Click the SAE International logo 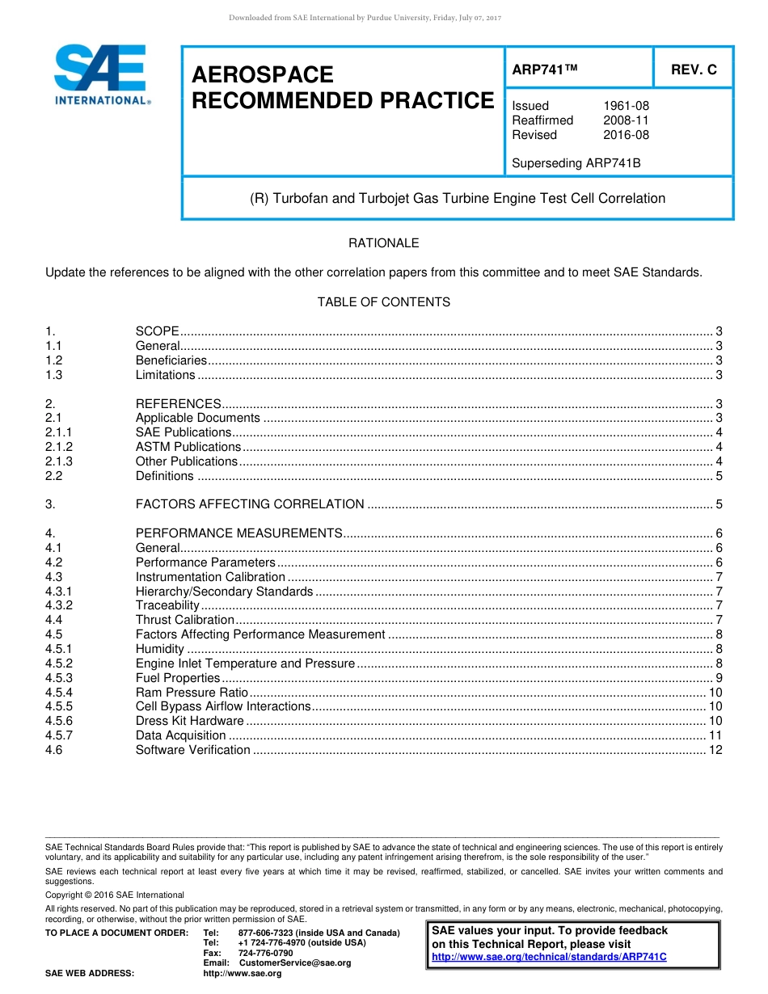(x=101, y=74)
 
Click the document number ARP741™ (x=545, y=69)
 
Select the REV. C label (x=694, y=69)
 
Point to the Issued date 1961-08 (x=626, y=106)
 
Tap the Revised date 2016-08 (x=626, y=135)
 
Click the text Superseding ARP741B (x=576, y=163)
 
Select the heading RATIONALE (x=383, y=243)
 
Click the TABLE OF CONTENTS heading (x=383, y=302)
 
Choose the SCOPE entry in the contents (x=158, y=331)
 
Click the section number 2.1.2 (x=59, y=447)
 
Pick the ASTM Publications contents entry (x=188, y=447)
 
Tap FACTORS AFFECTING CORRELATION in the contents (x=250, y=504)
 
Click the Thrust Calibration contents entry (x=184, y=620)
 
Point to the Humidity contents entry (x=160, y=649)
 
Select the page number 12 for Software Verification (x=715, y=750)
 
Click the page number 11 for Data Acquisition (x=715, y=735)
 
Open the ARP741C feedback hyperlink (x=549, y=957)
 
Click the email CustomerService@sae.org (x=294, y=963)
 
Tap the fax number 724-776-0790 (x=265, y=953)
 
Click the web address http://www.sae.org (x=242, y=974)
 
